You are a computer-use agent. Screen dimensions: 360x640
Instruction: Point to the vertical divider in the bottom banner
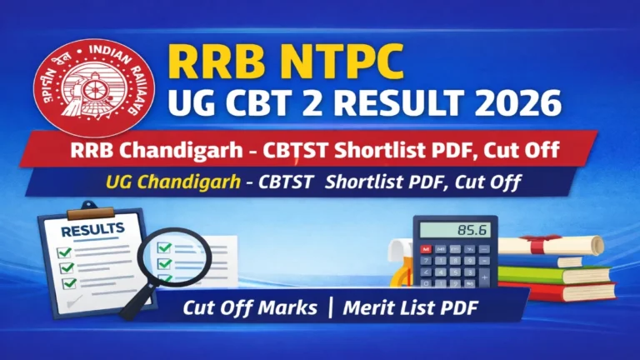tap(332, 307)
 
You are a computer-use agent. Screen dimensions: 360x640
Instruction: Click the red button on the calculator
tap(427, 249)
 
